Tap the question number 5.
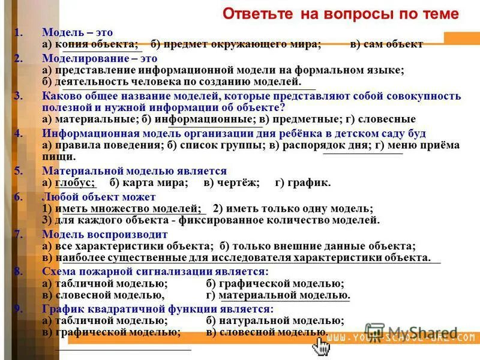(19, 171)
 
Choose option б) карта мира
(149, 182)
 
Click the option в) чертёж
(231, 182)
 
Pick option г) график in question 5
(302, 182)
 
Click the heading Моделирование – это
(100, 59)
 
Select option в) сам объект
(387, 44)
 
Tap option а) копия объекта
(90, 44)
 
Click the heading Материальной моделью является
(134, 171)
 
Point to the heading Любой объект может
(99, 197)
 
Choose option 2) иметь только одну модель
(293, 208)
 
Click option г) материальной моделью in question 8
(278, 295)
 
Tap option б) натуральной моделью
(275, 321)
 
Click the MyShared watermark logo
(414, 332)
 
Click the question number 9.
(19, 309)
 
